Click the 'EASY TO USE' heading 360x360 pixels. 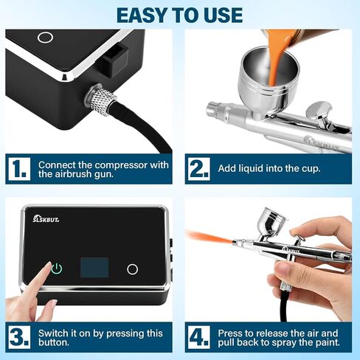coord(180,15)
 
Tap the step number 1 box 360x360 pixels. coord(19,169)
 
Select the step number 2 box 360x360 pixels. coord(199,169)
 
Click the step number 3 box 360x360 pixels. coord(19,337)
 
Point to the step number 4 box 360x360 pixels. coord(199,337)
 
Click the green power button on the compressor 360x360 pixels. coord(57,269)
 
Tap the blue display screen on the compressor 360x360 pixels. coord(94,268)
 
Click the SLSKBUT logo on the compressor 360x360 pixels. coord(46,219)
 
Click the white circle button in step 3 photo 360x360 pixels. coord(133,269)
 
